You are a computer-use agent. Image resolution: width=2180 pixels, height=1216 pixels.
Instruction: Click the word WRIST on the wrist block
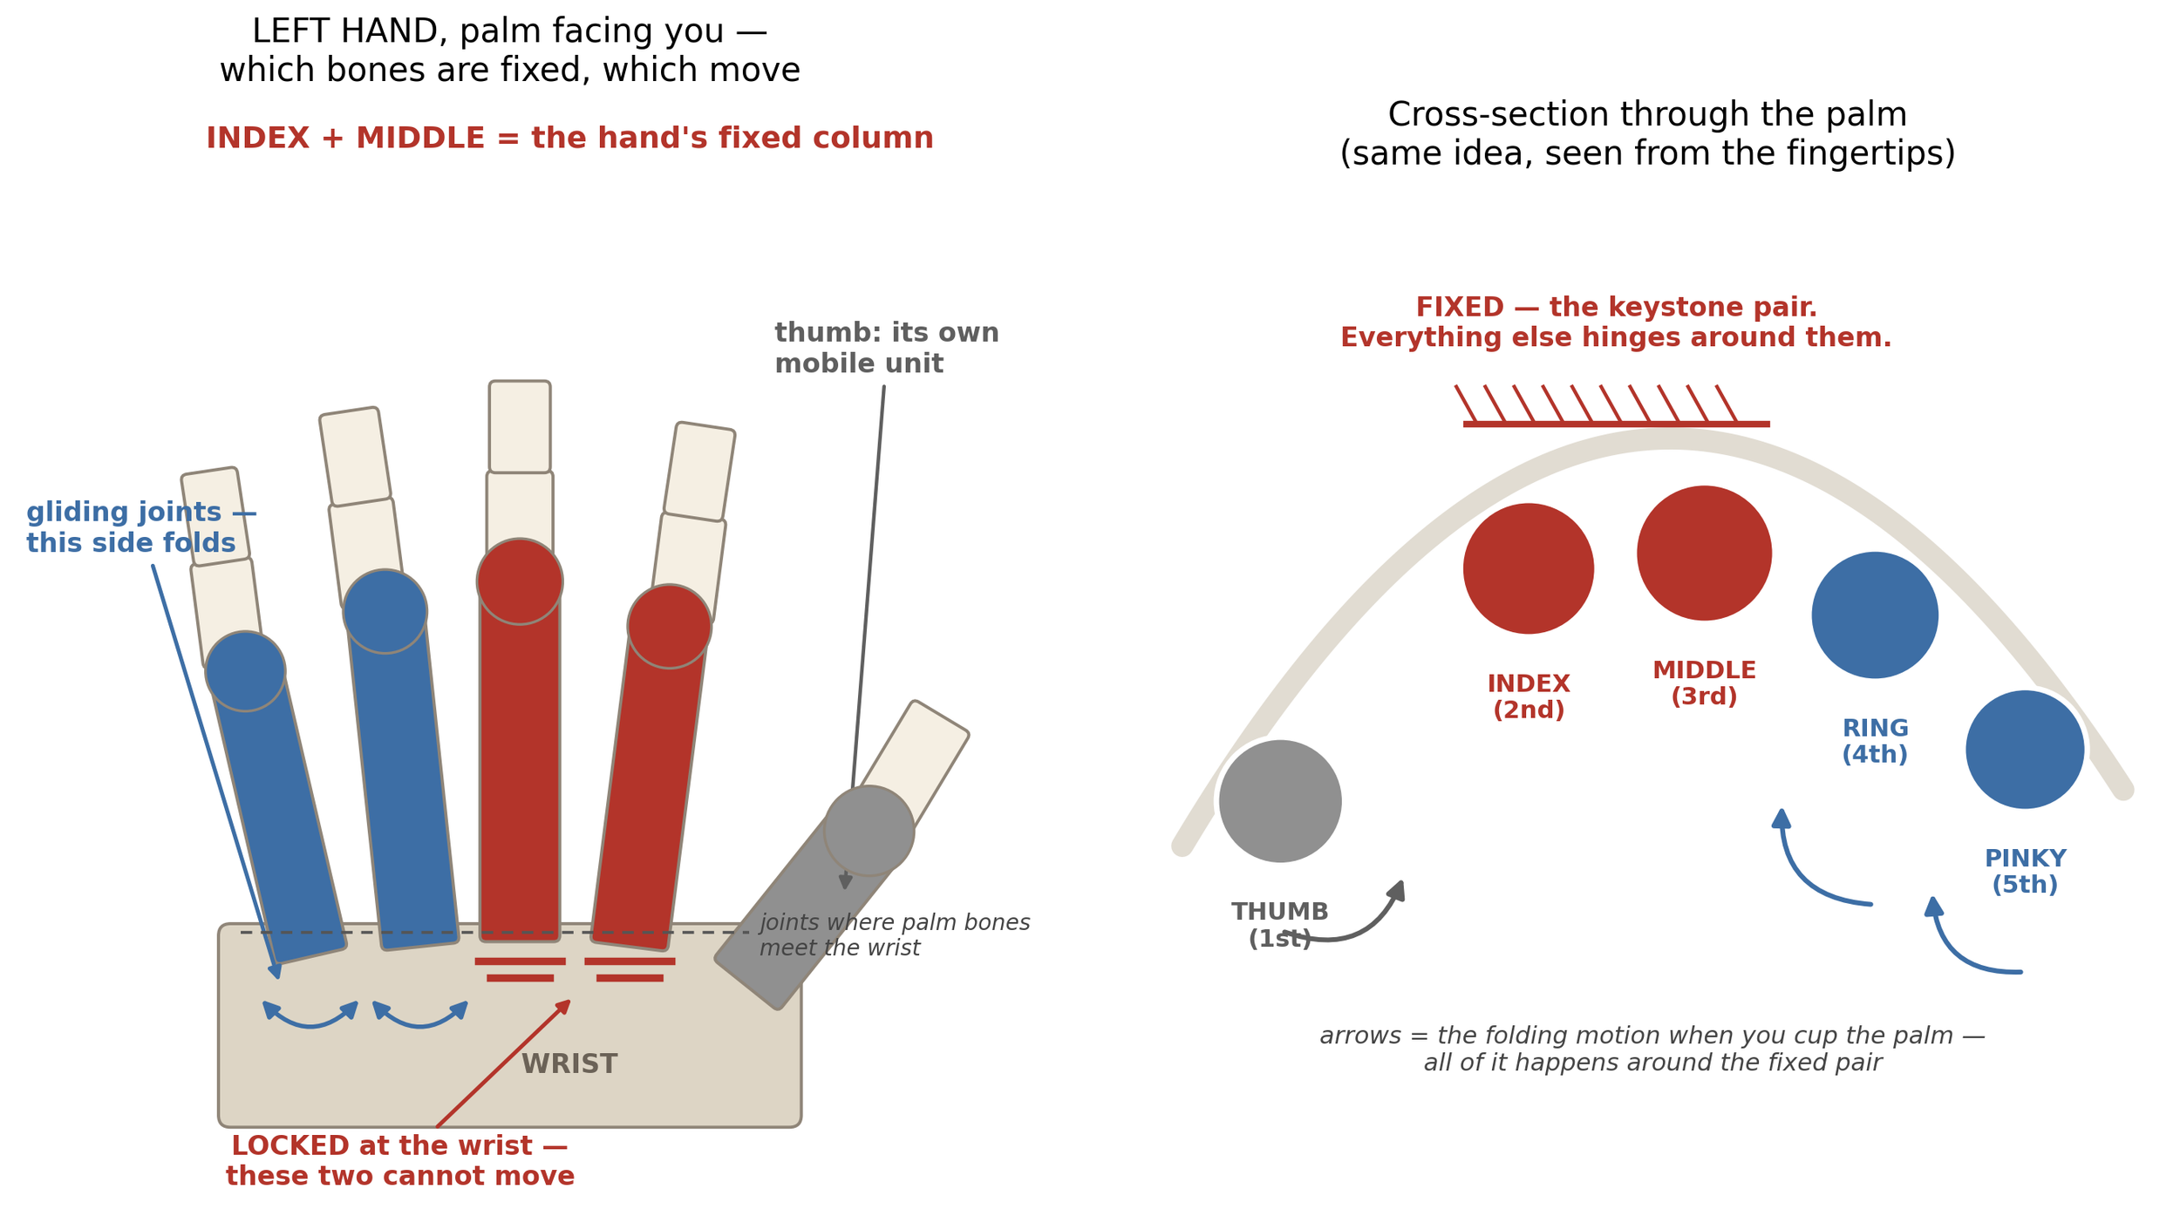(x=569, y=1064)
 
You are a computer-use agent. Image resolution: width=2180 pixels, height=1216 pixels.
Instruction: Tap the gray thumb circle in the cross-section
(x=1280, y=801)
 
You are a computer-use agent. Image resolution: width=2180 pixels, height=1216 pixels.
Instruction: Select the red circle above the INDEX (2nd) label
(x=1529, y=568)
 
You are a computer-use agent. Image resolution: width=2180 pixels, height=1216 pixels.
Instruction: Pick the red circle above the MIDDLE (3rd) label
(x=1705, y=554)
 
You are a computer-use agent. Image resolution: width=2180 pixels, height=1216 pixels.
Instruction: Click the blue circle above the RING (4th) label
(x=1875, y=615)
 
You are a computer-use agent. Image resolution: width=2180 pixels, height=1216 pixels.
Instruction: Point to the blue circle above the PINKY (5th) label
(x=2025, y=750)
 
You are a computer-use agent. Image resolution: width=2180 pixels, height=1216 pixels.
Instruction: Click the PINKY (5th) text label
(x=2025, y=872)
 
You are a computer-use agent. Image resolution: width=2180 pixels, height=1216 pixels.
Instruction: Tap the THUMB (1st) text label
(x=1280, y=926)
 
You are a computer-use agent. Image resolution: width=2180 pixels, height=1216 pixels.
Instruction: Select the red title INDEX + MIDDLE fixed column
(x=569, y=138)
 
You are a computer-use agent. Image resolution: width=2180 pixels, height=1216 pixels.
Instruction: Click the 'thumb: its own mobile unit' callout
(x=886, y=348)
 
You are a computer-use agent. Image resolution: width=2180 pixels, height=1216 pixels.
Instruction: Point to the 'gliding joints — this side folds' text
(x=141, y=527)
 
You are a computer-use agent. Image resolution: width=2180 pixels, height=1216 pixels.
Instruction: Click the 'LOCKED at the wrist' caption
(x=400, y=1160)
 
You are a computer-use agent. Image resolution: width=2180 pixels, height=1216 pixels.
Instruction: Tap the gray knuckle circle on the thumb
(x=869, y=831)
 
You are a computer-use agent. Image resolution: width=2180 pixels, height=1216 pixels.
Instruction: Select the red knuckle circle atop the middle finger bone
(x=520, y=581)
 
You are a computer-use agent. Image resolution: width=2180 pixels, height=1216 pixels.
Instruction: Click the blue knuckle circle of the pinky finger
(x=245, y=671)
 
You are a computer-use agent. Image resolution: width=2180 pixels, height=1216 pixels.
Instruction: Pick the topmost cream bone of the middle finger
(x=520, y=427)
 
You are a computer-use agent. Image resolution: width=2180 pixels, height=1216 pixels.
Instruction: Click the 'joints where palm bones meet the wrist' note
(x=895, y=935)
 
